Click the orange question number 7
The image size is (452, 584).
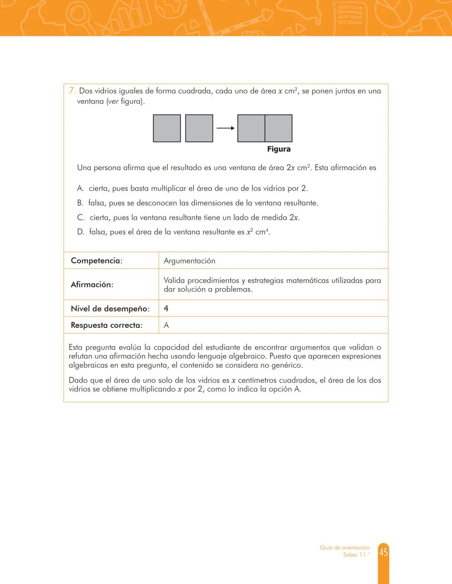pos(72,91)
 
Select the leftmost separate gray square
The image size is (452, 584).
pos(167,128)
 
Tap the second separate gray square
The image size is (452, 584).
pos(199,128)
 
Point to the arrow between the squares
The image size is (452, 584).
pos(225,128)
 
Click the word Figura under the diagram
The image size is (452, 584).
pos(279,149)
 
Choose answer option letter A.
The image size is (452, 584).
pos(80,189)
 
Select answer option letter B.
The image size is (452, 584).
pos(80,203)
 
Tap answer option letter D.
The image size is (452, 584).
pos(80,232)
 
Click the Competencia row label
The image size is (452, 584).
pos(96,261)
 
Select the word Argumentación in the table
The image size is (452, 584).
pos(189,261)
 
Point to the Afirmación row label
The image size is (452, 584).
pos(92,285)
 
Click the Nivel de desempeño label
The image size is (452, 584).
pos(110,309)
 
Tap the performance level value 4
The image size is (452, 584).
pos(166,309)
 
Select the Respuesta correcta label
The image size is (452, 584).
pos(106,325)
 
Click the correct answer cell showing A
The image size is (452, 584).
pos(166,325)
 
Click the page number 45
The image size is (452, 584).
pos(383,552)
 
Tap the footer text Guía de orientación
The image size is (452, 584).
pos(344,548)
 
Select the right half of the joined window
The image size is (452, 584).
pos(278,128)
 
